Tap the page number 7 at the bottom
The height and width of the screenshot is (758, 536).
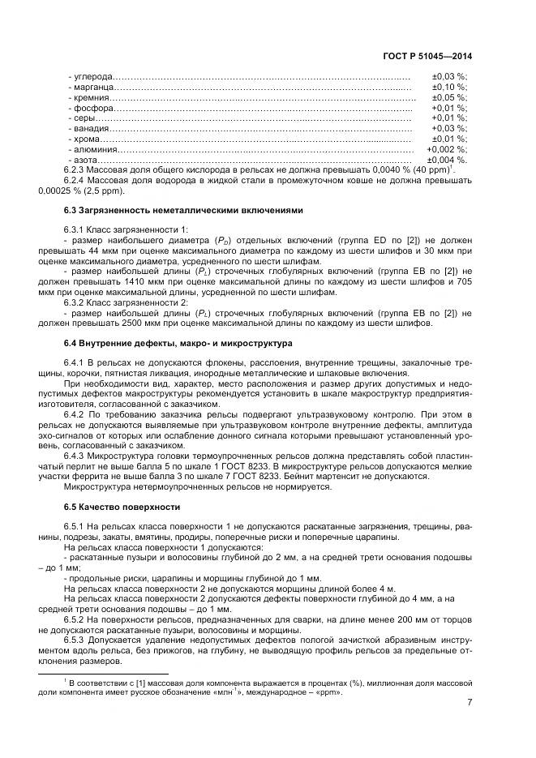coord(470,703)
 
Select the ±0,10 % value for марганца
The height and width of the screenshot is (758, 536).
coord(450,86)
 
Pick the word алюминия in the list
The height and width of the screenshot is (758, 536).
coord(96,149)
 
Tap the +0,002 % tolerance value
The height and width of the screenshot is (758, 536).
coord(447,149)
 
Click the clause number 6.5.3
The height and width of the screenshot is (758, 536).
coord(75,640)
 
